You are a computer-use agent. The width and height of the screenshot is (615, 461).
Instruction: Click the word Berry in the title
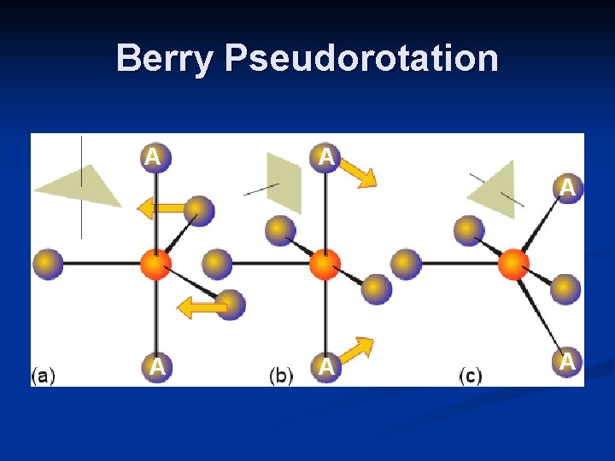click(165, 59)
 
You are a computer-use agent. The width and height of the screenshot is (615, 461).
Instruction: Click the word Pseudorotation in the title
click(361, 59)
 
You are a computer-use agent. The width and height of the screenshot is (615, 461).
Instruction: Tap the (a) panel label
click(44, 375)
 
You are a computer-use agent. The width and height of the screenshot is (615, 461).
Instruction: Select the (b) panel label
click(282, 375)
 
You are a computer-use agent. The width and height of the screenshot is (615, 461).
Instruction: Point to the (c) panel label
click(471, 375)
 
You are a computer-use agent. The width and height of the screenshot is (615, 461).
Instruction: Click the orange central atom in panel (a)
click(155, 264)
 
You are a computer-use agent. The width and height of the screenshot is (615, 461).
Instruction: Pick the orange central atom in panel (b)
click(325, 265)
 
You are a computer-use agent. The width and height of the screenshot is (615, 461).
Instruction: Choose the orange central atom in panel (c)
click(512, 264)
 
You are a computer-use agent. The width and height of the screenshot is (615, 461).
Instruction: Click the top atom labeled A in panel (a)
click(155, 157)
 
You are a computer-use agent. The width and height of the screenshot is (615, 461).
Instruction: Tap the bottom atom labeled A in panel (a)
click(155, 367)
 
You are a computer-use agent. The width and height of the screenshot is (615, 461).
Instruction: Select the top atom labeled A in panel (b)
click(325, 157)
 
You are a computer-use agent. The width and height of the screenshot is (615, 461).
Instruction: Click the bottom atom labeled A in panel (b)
click(325, 367)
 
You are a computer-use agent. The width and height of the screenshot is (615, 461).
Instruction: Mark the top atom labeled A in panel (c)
click(565, 187)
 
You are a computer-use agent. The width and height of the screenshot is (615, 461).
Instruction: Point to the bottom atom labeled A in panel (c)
click(565, 362)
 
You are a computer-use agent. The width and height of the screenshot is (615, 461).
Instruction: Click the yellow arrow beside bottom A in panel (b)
click(356, 350)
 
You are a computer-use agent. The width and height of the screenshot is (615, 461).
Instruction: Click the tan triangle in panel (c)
click(495, 190)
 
